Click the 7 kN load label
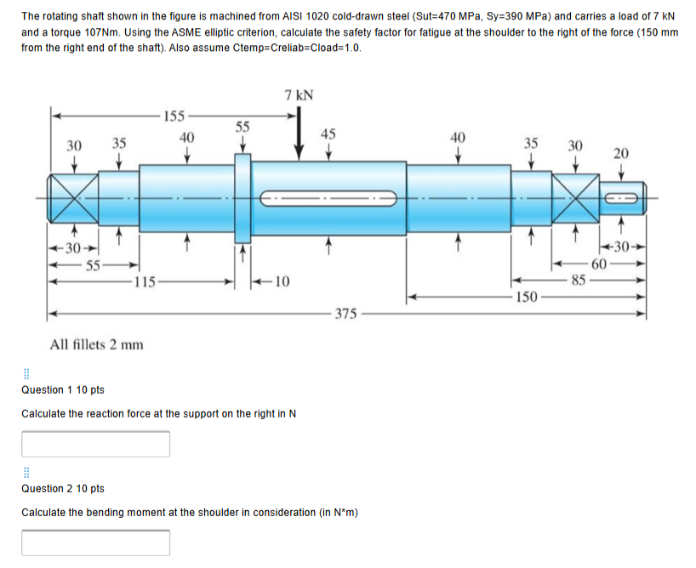click(299, 94)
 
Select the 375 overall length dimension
click(345, 314)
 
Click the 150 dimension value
click(527, 297)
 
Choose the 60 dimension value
click(598, 265)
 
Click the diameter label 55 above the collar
click(242, 127)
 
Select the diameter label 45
click(328, 133)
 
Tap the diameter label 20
click(621, 153)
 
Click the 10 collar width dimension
click(282, 281)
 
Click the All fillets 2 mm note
click(97, 344)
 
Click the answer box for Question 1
click(95, 444)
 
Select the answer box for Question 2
click(95, 542)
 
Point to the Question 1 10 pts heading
click(62, 389)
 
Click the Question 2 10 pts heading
click(62, 488)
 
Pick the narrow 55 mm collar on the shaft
click(243, 199)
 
